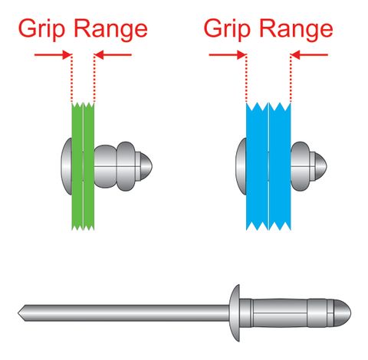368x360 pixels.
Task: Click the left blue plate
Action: pyautogui.click(x=256, y=165)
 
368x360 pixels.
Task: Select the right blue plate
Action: pyautogui.click(x=280, y=165)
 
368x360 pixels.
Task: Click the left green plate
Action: pyautogui.click(x=77, y=165)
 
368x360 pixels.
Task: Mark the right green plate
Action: pyautogui.click(x=89, y=165)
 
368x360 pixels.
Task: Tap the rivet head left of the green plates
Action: pyautogui.click(x=66, y=165)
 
